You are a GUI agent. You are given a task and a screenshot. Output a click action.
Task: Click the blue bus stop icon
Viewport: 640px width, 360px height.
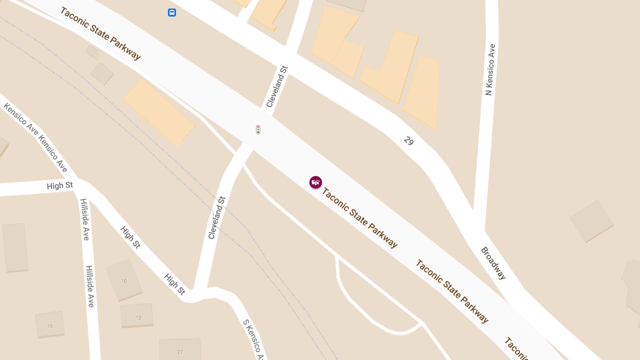[x=172, y=12]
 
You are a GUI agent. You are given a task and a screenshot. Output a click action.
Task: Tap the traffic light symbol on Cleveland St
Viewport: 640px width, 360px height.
[x=258, y=129]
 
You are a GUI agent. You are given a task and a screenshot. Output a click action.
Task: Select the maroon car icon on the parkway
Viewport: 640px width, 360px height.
[x=316, y=182]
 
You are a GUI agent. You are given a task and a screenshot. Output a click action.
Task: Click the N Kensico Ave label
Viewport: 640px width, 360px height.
[x=490, y=70]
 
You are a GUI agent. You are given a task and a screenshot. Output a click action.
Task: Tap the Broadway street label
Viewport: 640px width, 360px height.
[x=493, y=263]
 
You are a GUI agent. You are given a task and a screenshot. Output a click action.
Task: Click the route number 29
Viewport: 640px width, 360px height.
[x=409, y=141]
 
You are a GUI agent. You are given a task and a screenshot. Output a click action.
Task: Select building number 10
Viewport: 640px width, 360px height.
[x=124, y=281]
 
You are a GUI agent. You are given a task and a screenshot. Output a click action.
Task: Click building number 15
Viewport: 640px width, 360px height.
[x=50, y=325]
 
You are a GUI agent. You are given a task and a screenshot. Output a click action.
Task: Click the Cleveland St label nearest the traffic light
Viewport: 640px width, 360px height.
[x=277, y=86]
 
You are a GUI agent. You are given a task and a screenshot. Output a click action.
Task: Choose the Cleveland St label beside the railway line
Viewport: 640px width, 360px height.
[x=217, y=218]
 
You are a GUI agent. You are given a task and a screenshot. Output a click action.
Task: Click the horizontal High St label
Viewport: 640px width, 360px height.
[x=60, y=186]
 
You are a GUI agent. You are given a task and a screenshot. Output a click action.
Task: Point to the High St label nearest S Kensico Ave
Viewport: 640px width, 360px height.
[x=174, y=284]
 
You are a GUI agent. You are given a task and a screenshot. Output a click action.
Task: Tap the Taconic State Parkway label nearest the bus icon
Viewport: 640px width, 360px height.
[x=101, y=33]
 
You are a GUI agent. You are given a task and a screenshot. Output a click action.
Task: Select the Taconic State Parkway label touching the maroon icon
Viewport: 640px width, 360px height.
[x=360, y=218]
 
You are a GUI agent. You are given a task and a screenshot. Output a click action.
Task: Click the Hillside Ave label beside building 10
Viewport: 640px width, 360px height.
[x=90, y=286]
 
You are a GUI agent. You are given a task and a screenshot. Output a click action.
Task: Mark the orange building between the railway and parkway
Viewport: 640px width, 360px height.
[x=158, y=112]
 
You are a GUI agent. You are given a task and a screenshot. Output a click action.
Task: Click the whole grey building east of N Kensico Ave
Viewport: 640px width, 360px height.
[x=591, y=221]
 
